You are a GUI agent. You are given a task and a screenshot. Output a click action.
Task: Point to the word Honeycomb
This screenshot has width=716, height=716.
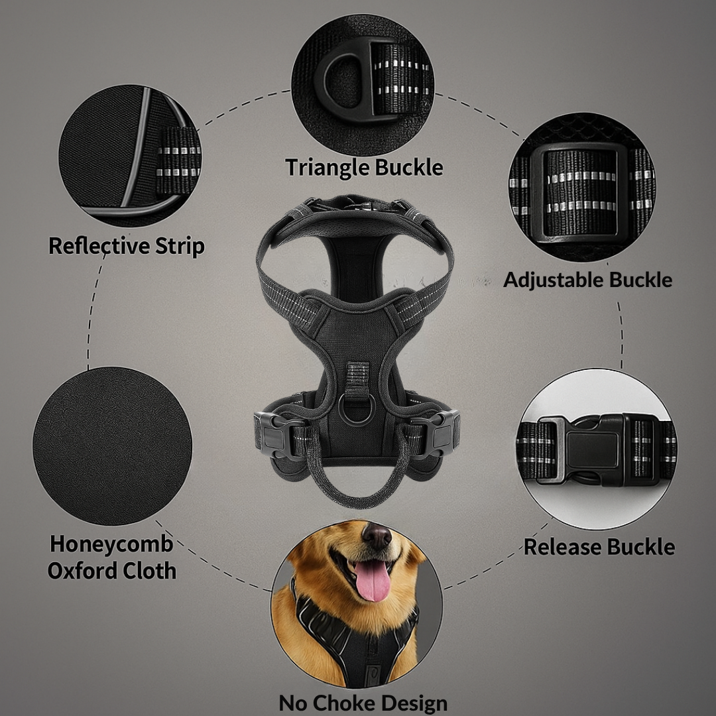click(111, 544)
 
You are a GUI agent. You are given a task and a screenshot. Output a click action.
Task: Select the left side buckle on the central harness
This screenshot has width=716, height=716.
click(274, 436)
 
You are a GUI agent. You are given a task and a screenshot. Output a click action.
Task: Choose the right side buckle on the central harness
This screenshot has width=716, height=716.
click(441, 434)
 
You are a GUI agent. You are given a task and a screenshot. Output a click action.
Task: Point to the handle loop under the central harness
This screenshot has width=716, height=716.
click(358, 491)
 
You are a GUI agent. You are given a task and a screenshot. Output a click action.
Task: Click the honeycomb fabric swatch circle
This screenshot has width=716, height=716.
click(113, 446)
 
